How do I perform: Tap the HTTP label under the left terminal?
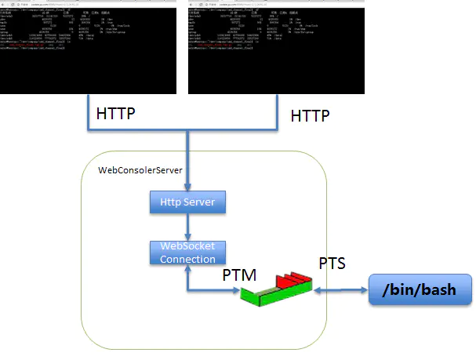(x=116, y=113)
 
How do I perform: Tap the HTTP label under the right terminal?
(x=311, y=115)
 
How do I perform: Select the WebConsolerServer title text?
(x=140, y=170)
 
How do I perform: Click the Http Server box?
(x=188, y=203)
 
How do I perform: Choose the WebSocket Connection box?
(x=187, y=253)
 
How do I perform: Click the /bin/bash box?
(x=420, y=292)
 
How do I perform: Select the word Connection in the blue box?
(x=187, y=259)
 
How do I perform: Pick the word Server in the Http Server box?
(x=202, y=203)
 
